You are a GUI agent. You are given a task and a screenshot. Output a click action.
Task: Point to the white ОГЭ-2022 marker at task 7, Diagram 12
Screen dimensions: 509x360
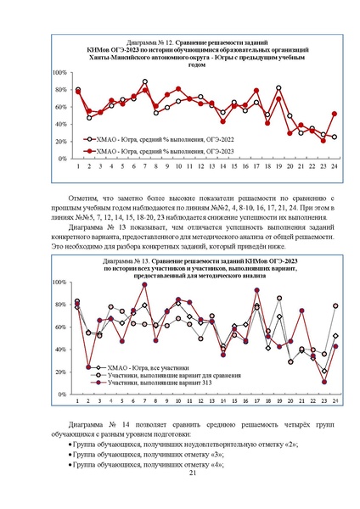pos(144,82)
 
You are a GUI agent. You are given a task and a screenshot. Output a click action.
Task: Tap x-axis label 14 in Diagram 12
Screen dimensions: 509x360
pos(223,166)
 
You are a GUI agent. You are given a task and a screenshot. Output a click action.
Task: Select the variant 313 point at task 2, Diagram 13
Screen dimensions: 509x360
pos(89,367)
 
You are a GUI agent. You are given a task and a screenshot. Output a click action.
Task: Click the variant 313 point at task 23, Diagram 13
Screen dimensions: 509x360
pos(323,382)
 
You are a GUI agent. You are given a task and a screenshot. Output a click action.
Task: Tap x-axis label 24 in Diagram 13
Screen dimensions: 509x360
pos(335,401)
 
